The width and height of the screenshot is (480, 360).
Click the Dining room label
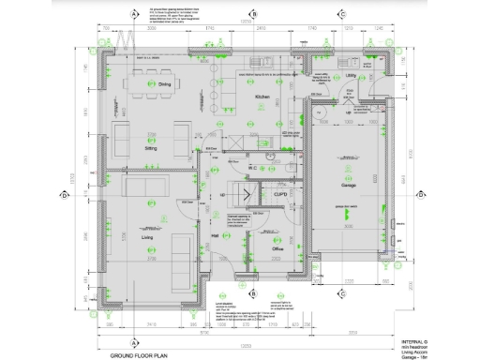(x=164, y=85)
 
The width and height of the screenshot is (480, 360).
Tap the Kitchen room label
(x=263, y=97)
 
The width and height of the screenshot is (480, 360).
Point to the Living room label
(x=147, y=238)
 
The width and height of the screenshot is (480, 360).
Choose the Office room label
(x=277, y=248)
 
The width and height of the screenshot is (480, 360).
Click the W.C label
(x=253, y=169)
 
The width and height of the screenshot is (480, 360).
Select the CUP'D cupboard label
(x=279, y=194)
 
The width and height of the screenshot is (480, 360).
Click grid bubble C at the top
(x=342, y=14)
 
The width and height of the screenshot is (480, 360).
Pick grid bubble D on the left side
(x=64, y=195)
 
